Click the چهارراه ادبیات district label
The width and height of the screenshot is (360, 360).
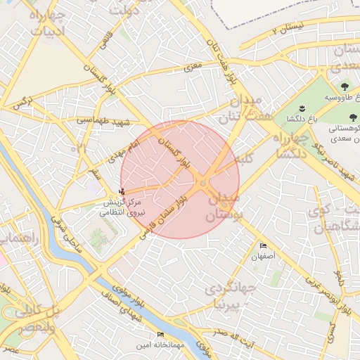tap(48, 22)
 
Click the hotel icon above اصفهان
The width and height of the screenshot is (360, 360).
tap(264, 246)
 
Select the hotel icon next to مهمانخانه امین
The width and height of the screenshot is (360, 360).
tap(160, 334)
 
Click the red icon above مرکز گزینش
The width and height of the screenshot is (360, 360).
tap(124, 191)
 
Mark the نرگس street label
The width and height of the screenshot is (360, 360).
tap(23, 103)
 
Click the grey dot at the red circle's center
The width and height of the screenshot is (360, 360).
tap(203, 184)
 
